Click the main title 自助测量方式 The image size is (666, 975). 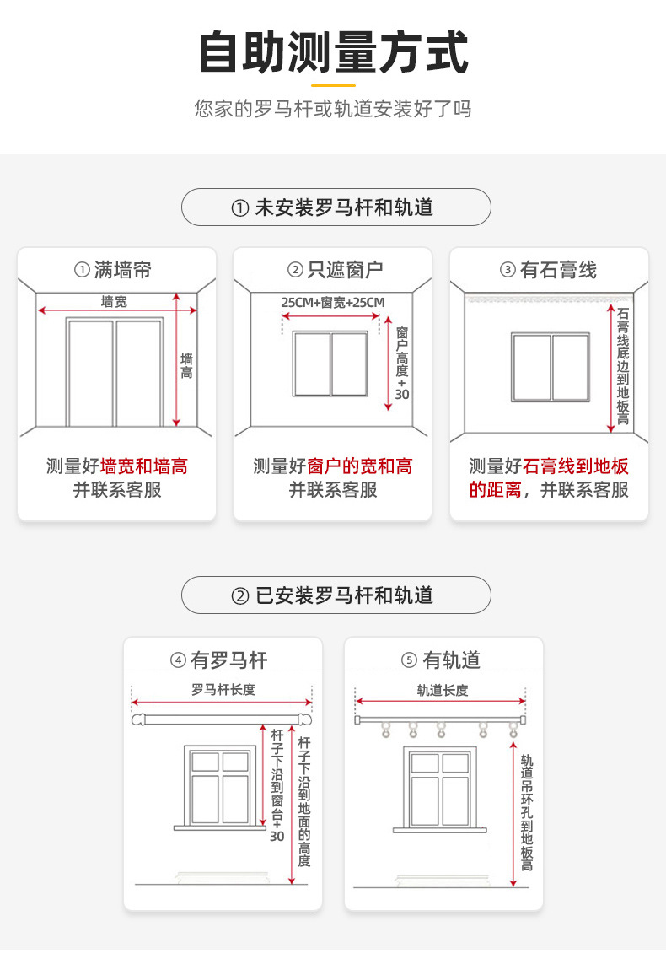[333, 52]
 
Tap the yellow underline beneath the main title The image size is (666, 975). [333, 84]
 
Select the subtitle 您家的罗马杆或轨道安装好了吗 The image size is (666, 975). [333, 109]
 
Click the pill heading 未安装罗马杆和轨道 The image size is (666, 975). [336, 207]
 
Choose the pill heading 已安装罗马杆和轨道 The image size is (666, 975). [336, 595]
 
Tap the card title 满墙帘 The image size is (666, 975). [116, 270]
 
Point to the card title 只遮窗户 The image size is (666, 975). [333, 270]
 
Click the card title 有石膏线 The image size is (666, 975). [549, 270]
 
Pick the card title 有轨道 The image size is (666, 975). [442, 660]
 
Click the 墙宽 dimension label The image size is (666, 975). [114, 301]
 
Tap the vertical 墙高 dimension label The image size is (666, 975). [186, 365]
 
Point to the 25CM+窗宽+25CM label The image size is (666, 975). [332, 302]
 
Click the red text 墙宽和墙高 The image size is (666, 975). [143, 466]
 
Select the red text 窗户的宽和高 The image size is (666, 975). [360, 466]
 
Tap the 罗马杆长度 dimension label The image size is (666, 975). [223, 690]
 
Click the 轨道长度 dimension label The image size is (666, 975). [442, 690]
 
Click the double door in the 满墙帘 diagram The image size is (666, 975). [115, 372]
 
